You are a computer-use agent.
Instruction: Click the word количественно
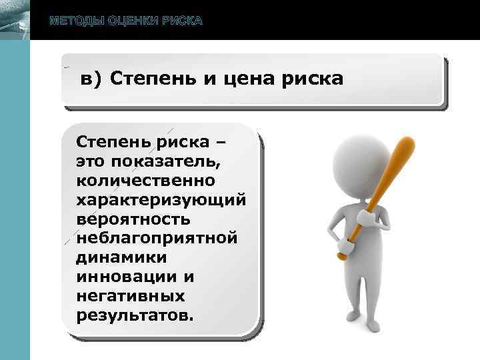(145, 180)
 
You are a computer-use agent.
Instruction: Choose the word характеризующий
(161, 199)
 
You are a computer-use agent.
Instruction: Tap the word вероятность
(133, 219)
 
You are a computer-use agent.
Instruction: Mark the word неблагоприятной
(157, 237)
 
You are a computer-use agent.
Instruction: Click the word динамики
(121, 257)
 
